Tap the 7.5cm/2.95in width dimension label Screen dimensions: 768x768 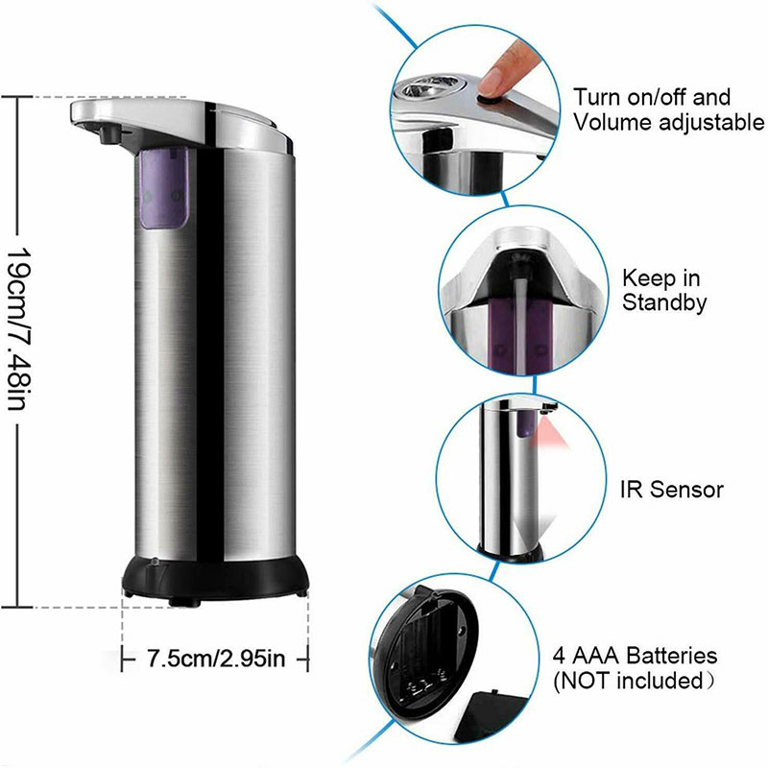[215, 658]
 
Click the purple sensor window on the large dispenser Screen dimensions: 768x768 [163, 188]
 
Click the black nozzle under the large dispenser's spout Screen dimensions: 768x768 [109, 133]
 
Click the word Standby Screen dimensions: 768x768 [664, 302]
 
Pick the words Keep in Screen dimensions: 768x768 [660, 278]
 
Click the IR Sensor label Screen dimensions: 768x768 [671, 490]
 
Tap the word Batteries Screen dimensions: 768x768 [672, 656]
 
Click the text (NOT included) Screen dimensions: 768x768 [634, 681]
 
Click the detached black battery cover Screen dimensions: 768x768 [493, 716]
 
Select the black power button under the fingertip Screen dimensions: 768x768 [488, 100]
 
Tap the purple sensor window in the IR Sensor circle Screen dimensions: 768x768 [525, 423]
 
